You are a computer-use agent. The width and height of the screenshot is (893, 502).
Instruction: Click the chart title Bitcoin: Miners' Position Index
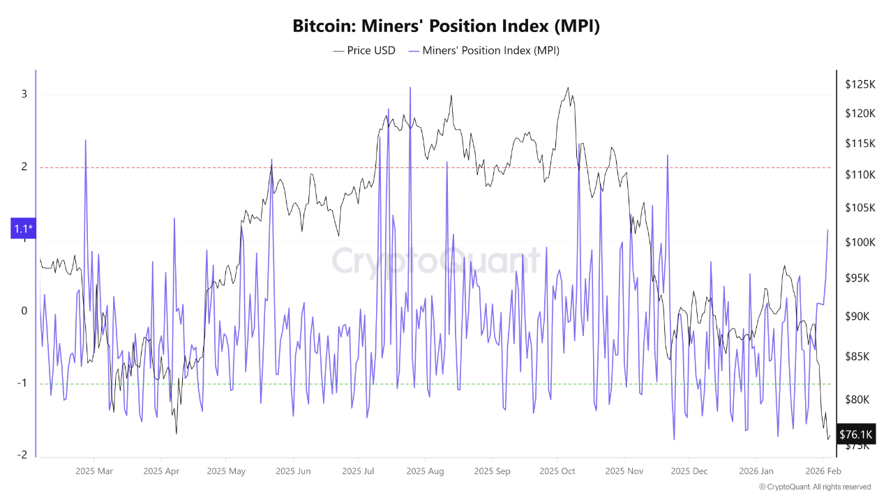click(x=446, y=26)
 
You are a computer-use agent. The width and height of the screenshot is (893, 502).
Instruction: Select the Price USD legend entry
click(x=364, y=50)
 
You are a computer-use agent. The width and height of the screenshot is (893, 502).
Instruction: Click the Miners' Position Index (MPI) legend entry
click(x=483, y=50)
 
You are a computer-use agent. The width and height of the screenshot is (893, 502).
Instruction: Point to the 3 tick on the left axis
click(x=24, y=94)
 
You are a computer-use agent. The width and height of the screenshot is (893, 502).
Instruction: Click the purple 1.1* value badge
click(x=24, y=228)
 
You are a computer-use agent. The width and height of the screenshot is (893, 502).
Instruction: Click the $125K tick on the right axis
click(x=860, y=84)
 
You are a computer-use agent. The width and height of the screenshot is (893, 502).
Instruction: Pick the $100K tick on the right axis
click(x=860, y=242)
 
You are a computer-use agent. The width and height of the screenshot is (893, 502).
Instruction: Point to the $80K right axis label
click(x=857, y=400)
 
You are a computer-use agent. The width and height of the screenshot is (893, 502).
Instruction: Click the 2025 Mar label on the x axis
click(x=93, y=471)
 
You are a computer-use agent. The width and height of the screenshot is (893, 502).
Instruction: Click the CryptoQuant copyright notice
click(x=814, y=487)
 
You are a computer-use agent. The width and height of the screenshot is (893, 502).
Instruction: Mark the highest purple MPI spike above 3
click(x=410, y=88)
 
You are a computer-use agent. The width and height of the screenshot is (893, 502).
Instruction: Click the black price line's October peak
click(x=568, y=88)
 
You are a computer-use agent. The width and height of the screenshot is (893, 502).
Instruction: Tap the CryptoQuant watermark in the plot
click(x=436, y=261)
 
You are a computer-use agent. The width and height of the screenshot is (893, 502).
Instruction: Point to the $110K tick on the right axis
click(x=860, y=174)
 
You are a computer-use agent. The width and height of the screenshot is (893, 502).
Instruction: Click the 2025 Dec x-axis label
click(x=689, y=471)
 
